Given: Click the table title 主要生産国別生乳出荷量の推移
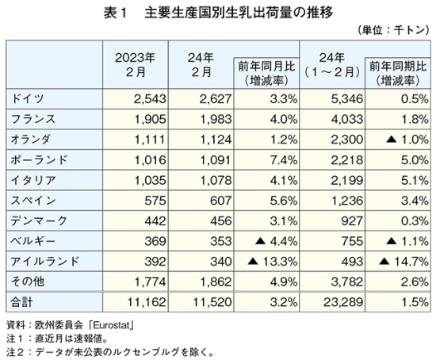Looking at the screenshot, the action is pos(239,13).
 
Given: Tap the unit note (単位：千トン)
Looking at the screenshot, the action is pos(393,30).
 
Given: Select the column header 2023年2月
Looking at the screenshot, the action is pos(135,65).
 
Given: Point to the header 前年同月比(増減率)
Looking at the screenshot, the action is pos(266,74).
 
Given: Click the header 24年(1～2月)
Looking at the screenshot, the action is pos(332,65).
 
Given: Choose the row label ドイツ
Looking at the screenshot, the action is pos(27,99).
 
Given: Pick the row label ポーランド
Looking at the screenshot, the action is pos(39,160).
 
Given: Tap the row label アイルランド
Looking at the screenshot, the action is pos(45,262).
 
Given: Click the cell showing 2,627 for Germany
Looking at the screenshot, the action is pos(215,99).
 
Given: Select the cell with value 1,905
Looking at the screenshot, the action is pos(150,120).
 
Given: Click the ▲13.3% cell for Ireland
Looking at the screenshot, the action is pos(273,262).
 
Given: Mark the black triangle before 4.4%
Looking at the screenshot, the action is pos(260,241).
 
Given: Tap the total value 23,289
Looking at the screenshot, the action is pos(343,302).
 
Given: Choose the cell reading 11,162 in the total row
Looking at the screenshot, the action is pos(147,302).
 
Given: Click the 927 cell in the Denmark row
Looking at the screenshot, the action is pos(352,221).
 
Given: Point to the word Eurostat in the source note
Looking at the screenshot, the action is pos(112,325).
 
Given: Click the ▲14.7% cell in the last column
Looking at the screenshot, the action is pos(403,262).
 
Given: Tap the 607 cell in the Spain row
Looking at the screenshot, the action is pos(220,201).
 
